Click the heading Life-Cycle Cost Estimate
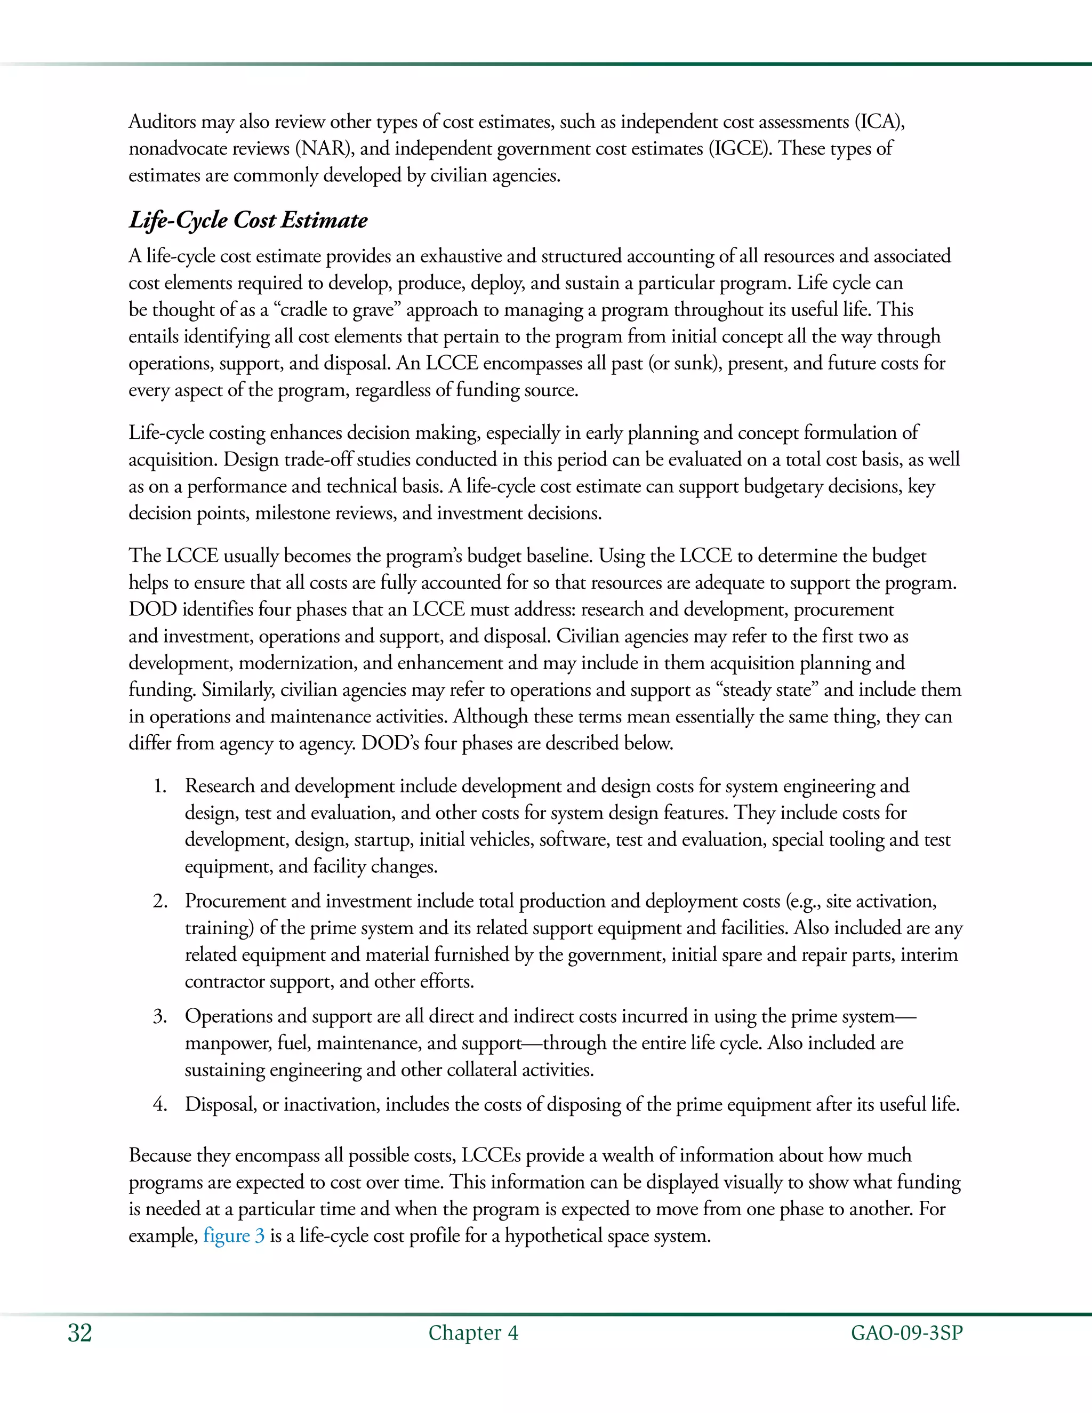[x=248, y=220]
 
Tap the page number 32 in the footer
[x=79, y=1334]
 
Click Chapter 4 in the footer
[x=473, y=1334]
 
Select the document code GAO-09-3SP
[x=906, y=1334]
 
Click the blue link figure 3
[x=234, y=1236]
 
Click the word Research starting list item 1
[x=219, y=786]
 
